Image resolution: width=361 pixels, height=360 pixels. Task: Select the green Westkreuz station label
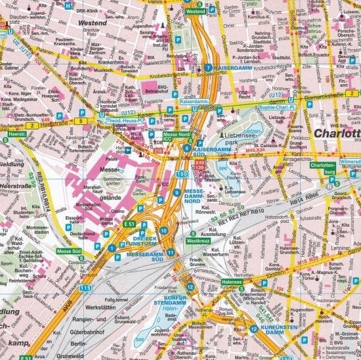pyautogui.click(x=198, y=241)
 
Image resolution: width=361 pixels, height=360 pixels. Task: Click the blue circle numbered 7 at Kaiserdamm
pyautogui.click(x=208, y=68)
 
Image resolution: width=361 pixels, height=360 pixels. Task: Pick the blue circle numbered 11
pyautogui.click(x=171, y=252)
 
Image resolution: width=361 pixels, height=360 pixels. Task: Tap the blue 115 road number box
pyautogui.click(x=85, y=288)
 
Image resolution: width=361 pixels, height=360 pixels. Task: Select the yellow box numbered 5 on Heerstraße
pyautogui.click(x=79, y=122)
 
